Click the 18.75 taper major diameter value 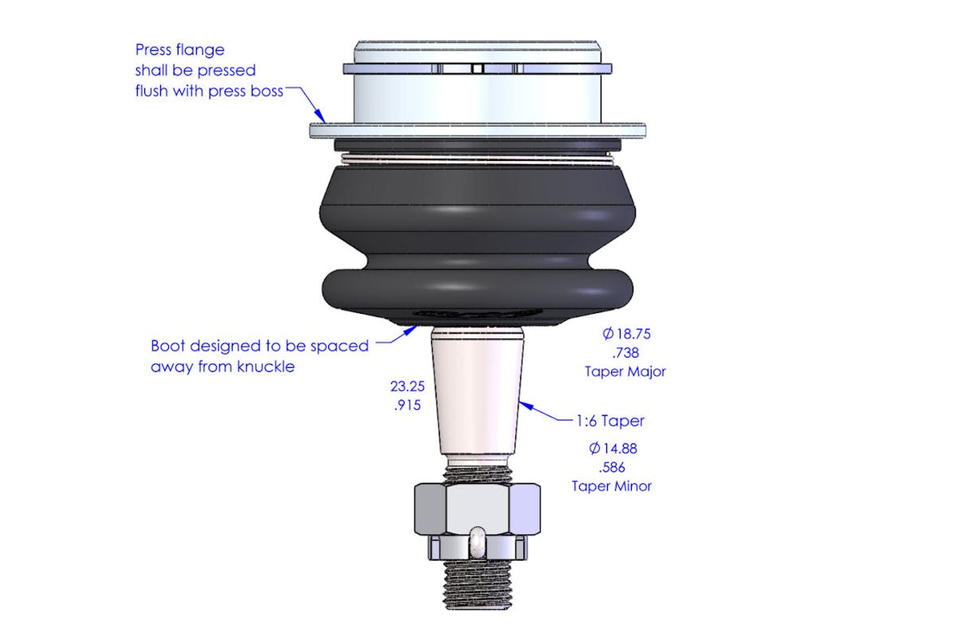(626, 334)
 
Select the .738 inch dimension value (625, 353)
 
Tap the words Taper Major (625, 372)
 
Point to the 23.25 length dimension (407, 386)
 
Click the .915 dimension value (408, 405)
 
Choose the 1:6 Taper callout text (610, 421)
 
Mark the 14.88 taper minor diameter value (613, 448)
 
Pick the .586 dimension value (612, 467)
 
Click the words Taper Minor (612, 486)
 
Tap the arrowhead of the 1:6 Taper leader (525, 405)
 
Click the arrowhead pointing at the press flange (321, 116)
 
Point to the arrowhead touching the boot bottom (411, 330)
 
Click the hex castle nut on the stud (477, 522)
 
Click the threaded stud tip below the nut (477, 584)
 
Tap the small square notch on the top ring (477, 68)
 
